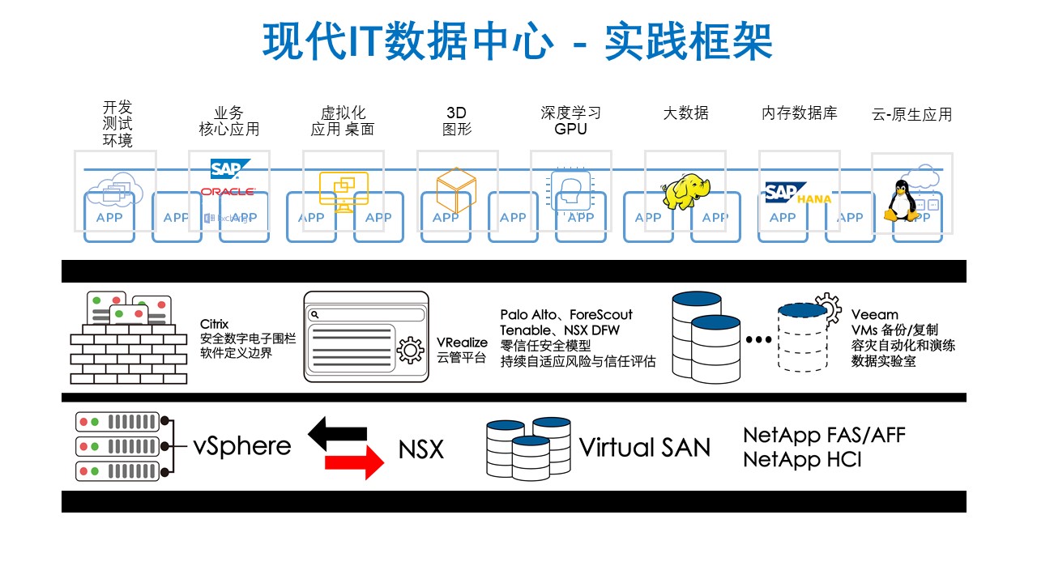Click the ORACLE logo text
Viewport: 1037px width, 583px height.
point(228,192)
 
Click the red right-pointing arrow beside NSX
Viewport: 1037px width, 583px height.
point(354,462)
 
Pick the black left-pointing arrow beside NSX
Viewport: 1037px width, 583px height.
point(338,433)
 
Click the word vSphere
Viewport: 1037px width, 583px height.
point(241,446)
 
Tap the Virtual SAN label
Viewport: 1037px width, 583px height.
point(644,447)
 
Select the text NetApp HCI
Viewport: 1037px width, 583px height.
point(802,460)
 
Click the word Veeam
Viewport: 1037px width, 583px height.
point(874,315)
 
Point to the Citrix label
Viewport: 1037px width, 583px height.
point(214,325)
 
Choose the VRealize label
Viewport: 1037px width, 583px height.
point(462,343)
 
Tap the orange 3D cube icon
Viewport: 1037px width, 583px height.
point(456,190)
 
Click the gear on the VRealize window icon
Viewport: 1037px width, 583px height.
point(410,351)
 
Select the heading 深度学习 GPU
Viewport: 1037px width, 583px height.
point(571,121)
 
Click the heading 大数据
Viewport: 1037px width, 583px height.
point(685,113)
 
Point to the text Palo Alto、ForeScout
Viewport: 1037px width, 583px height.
point(566,315)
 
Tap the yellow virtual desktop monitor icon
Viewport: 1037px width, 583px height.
point(344,191)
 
